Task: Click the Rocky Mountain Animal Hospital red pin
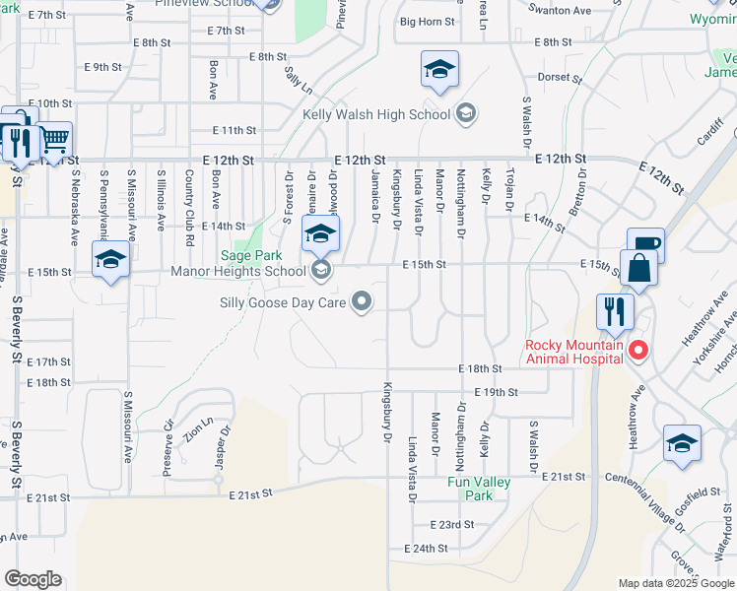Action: [x=638, y=350]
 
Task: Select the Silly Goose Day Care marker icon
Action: [x=363, y=302]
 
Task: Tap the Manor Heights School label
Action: [x=238, y=271]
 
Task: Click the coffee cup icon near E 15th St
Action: [x=645, y=245]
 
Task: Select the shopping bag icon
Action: [x=639, y=269]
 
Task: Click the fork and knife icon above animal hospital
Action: [x=616, y=311]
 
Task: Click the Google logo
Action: [x=33, y=579]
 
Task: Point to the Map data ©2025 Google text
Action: [x=676, y=583]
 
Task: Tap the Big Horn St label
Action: [x=428, y=21]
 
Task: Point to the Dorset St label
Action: [x=555, y=76]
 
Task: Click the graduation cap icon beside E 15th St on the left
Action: [x=109, y=261]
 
